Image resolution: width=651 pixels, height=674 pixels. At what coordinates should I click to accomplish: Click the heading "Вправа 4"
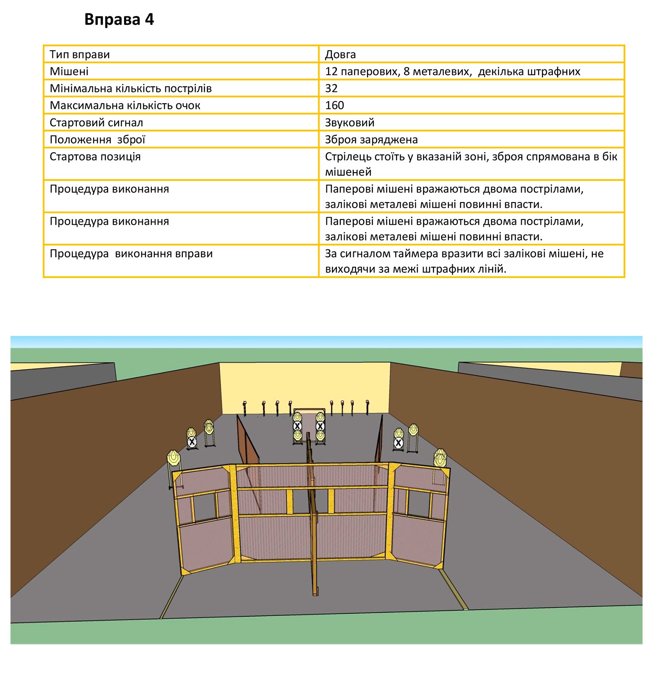(x=119, y=20)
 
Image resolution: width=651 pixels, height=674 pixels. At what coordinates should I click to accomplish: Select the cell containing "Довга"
(x=340, y=55)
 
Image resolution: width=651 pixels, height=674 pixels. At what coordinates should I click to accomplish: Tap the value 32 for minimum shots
(x=331, y=88)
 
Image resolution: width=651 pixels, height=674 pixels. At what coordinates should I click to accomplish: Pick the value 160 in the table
(x=334, y=105)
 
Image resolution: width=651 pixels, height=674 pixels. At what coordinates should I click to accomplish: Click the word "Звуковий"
(x=349, y=123)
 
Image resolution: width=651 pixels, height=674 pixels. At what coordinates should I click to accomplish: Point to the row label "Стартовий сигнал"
(x=96, y=123)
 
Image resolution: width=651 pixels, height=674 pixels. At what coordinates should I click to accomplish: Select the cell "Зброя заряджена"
(x=371, y=140)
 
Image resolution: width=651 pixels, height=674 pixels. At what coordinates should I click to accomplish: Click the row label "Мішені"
(x=69, y=72)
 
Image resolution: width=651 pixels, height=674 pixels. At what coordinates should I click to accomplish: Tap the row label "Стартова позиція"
(x=95, y=157)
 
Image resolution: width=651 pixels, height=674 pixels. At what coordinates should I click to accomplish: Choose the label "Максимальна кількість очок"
(x=125, y=105)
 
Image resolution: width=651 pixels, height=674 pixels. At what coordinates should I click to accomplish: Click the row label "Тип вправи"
(x=79, y=55)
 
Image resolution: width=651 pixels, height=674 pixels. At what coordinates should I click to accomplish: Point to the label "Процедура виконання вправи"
(x=131, y=254)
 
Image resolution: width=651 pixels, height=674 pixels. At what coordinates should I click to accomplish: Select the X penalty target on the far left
(x=192, y=442)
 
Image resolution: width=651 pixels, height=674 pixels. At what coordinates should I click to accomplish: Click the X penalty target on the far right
(x=398, y=443)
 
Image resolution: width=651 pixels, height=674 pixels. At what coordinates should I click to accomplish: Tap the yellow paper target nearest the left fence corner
(x=174, y=457)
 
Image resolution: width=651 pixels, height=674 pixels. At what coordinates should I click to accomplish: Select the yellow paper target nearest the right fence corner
(x=440, y=457)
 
